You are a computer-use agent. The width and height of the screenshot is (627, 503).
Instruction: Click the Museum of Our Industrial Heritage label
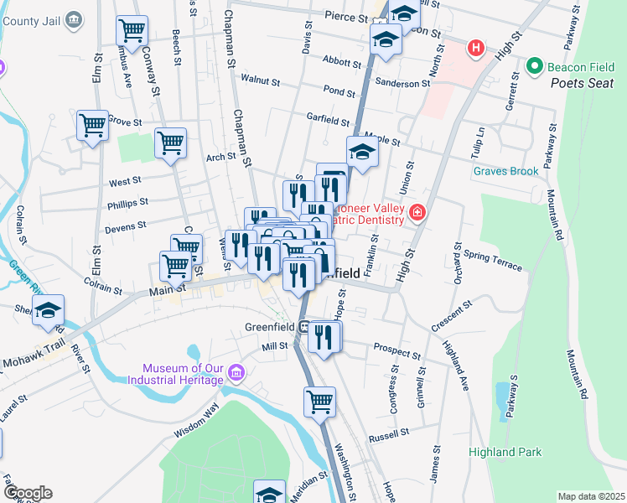point(183,374)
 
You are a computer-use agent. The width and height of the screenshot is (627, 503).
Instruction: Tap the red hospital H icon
point(476,49)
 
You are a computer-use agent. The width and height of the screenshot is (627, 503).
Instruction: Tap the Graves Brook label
point(505,171)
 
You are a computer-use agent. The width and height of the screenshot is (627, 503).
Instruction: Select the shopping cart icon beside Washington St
point(319,401)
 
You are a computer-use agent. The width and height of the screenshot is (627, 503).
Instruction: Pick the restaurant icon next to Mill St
point(324,335)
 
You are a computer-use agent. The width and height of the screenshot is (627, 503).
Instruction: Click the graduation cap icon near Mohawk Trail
point(48,309)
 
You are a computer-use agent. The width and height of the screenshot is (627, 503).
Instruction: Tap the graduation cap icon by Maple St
point(361,152)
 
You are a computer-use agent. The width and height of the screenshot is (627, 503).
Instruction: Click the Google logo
point(27,493)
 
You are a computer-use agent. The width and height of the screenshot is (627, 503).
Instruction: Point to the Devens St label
point(126,226)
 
